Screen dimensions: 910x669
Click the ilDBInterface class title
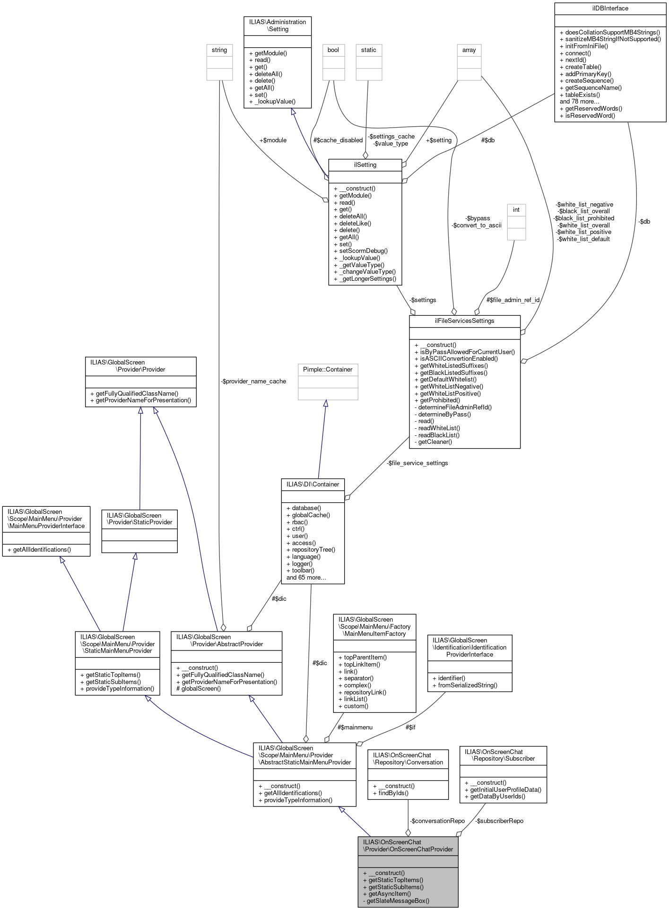(610, 8)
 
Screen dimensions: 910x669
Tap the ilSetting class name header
(365, 165)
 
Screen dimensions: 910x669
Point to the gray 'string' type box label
(219, 50)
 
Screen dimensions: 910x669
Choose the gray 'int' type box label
(516, 210)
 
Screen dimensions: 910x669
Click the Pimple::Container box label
(328, 369)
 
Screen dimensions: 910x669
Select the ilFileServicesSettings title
(464, 321)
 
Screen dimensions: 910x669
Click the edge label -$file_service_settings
(417, 463)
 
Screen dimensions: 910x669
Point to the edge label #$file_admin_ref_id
(513, 300)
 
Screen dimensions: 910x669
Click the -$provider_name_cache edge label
(253, 381)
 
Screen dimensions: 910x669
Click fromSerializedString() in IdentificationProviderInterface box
(468, 685)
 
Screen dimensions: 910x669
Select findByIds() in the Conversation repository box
(393, 793)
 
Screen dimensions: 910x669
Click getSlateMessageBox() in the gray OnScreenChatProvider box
(398, 901)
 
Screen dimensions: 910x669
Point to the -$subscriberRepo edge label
(500, 821)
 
